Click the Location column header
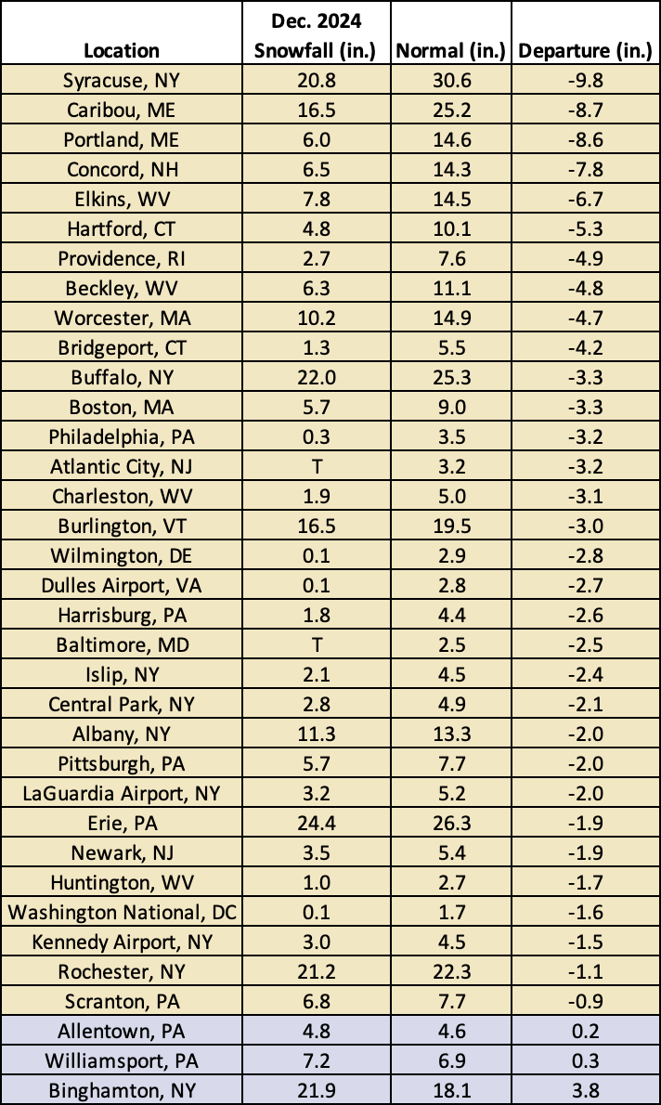(122, 50)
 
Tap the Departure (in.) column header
(585, 50)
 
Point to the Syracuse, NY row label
(122, 81)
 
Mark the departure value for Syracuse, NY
(585, 81)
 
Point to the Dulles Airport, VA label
(122, 585)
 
